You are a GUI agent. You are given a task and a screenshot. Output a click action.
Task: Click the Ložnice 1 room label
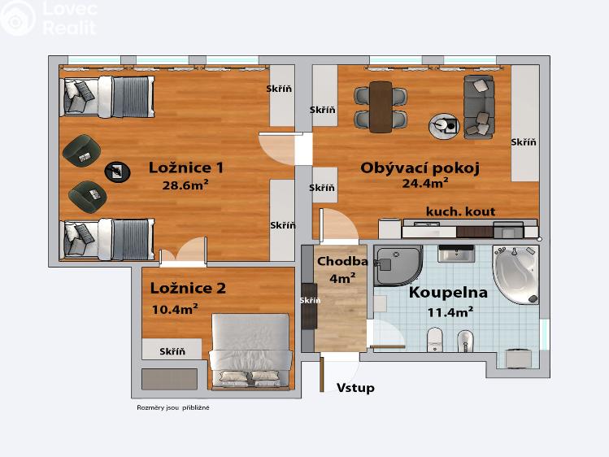tap(186, 168)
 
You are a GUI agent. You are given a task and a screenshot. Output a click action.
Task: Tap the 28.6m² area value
tap(186, 185)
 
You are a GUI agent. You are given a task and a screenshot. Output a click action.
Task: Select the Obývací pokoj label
tap(420, 168)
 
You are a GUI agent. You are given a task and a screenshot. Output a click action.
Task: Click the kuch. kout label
tap(460, 211)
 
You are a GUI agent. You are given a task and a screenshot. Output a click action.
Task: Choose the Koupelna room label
tap(448, 293)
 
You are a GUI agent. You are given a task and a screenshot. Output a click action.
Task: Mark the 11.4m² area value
tap(450, 311)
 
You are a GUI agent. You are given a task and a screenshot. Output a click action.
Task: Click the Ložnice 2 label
tap(188, 288)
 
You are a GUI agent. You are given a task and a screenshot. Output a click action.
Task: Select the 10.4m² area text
tap(176, 309)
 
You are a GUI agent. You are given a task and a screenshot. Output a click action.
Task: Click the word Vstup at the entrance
tap(356, 388)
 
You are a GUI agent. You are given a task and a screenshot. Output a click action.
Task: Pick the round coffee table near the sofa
tap(444, 124)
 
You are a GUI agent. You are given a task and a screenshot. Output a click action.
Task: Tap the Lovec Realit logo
tap(48, 18)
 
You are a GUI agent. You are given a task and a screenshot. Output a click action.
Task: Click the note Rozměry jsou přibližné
tap(173, 407)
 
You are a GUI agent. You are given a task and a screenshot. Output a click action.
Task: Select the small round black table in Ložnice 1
tap(116, 171)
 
